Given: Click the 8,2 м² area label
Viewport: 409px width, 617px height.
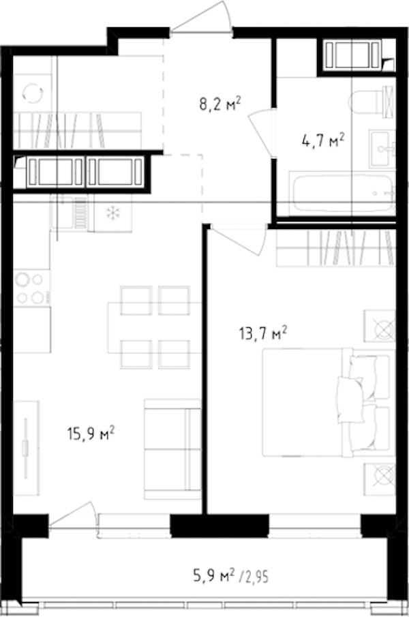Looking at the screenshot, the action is [219, 105].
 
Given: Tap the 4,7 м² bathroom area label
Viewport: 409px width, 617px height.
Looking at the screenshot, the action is [323, 140].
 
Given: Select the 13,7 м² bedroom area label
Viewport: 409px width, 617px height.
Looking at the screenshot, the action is [263, 333].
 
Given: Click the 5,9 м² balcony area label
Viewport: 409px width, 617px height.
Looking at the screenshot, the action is [213, 577].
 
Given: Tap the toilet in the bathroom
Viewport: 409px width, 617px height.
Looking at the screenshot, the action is [372, 102].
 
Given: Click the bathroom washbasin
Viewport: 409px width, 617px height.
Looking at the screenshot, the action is [382, 149].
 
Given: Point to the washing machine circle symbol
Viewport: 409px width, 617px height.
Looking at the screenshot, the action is [33, 93].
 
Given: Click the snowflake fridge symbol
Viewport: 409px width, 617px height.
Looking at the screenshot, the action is [113, 213].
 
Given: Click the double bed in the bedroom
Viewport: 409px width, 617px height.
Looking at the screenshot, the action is [329, 402].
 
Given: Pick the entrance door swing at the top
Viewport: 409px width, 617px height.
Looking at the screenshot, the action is [200, 18].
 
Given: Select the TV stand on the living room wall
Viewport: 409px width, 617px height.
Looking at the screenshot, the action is [26, 448].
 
